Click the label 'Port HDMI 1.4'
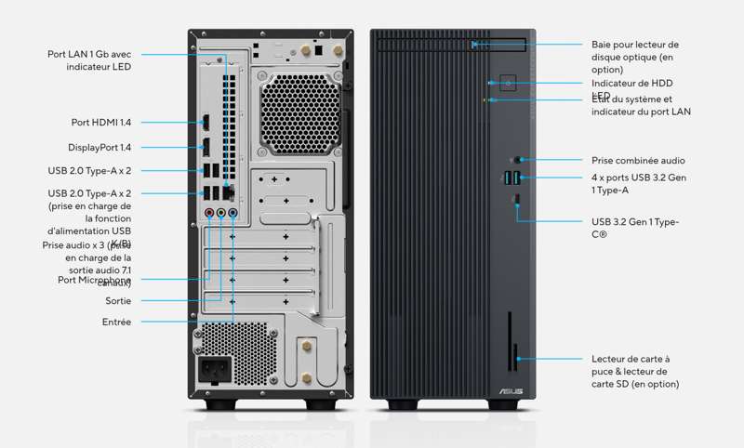click(x=100, y=122)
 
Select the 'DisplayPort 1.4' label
click(x=99, y=147)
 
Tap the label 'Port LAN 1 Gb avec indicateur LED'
click(x=89, y=60)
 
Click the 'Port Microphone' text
click(x=94, y=280)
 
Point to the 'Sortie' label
click(x=118, y=301)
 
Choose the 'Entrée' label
click(x=116, y=322)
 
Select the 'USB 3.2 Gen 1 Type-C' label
click(x=635, y=228)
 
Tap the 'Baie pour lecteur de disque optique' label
click(x=635, y=57)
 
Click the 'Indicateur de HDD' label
click(x=638, y=84)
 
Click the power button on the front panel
click(x=509, y=83)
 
